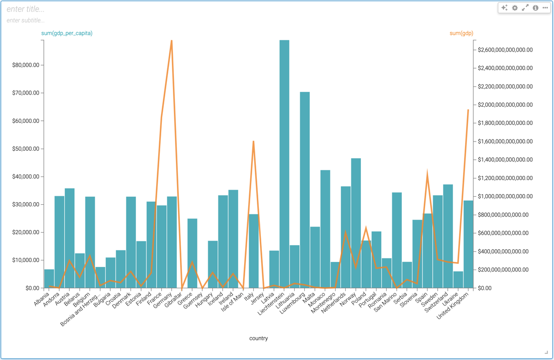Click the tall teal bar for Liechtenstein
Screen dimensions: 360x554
click(x=284, y=162)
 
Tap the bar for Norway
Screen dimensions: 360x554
click(x=356, y=222)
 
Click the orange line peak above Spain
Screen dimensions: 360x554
click(x=427, y=174)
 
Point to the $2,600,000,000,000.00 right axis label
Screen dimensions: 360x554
click(x=505, y=50)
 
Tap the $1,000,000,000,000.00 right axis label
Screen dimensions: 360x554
click(x=505, y=196)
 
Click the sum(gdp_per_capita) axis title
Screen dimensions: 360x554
click(x=67, y=33)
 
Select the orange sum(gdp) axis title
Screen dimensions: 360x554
click(x=461, y=33)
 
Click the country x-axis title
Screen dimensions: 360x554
click(x=258, y=338)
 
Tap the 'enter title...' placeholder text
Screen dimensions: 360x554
click(x=25, y=9)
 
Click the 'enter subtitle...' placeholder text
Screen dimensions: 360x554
click(x=25, y=21)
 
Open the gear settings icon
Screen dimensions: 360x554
click(x=515, y=8)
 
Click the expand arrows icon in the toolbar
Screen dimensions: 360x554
click(x=525, y=8)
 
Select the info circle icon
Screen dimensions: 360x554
click(x=535, y=8)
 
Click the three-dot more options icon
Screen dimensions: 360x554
click(x=545, y=8)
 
